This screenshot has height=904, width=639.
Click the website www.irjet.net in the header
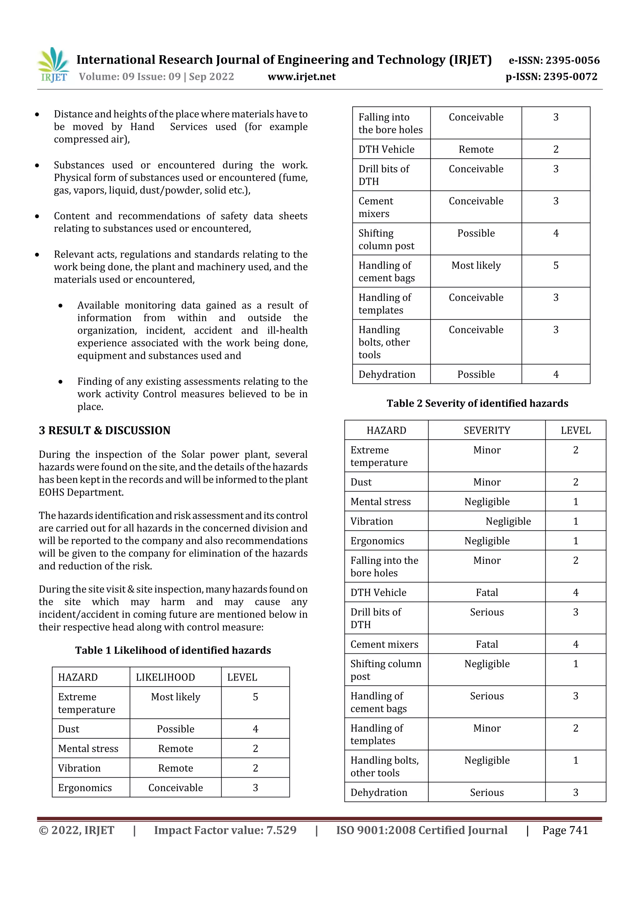click(302, 77)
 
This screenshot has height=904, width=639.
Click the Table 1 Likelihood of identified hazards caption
click(173, 650)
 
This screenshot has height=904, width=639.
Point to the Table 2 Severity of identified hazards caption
click(477, 403)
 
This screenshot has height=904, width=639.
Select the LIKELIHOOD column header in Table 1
click(165, 677)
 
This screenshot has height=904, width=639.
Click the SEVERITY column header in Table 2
click(487, 430)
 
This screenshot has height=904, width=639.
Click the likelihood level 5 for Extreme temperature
click(255, 697)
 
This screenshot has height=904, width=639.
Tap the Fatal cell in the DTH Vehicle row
click(487, 593)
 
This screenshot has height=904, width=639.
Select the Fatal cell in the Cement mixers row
click(487, 645)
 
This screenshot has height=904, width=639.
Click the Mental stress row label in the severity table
click(380, 501)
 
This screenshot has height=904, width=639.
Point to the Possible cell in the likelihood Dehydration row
click(476, 374)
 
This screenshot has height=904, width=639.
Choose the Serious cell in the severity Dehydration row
click(487, 793)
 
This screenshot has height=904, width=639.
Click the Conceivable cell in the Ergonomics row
click(176, 788)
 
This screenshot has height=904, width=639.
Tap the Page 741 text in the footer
click(565, 830)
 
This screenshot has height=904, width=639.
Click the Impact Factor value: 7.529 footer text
click(225, 830)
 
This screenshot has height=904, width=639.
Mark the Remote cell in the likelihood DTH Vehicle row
click(476, 149)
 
